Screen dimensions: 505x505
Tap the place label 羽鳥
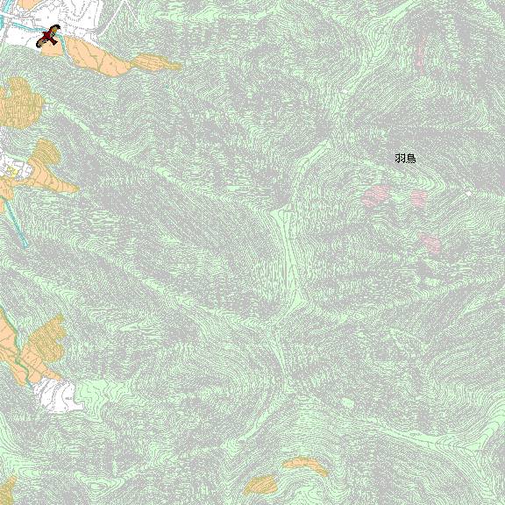coord(405,159)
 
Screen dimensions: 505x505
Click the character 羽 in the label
coord(400,159)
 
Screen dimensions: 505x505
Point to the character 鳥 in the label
coord(410,159)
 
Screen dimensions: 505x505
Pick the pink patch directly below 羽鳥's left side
coord(377,196)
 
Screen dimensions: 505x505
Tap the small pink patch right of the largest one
coord(418,198)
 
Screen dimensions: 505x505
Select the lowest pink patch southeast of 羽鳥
coord(430,242)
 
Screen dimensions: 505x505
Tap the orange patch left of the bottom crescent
coord(261,484)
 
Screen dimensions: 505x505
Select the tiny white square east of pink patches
coord(469,193)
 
